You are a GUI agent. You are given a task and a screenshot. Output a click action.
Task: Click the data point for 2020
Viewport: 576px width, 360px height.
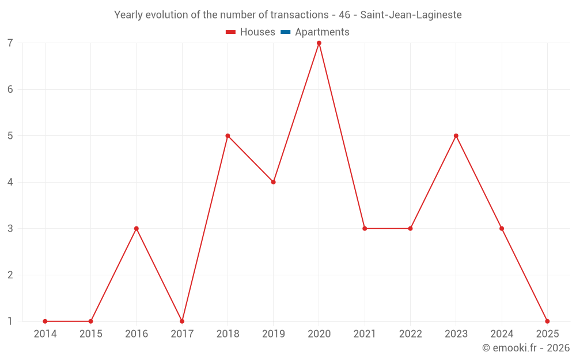coord(319,43)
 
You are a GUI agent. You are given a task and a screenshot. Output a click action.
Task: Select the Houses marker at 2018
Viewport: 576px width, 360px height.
coord(228,136)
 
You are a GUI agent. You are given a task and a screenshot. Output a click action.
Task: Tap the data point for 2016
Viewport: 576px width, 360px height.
coord(137,229)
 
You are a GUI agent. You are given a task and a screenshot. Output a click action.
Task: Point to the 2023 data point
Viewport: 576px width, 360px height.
coord(456,136)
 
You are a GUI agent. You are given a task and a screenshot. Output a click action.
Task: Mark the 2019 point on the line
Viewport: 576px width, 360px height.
coord(274,182)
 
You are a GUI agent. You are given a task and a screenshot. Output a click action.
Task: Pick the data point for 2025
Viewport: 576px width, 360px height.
coord(547,321)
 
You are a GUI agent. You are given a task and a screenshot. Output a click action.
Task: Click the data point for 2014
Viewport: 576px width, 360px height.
coord(45,321)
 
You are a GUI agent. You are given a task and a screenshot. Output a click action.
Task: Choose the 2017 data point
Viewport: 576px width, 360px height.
coord(182,321)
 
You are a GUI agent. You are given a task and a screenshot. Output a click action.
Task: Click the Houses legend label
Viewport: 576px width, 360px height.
coord(257,32)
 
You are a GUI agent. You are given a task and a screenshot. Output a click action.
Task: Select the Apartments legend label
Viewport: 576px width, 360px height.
coord(322,32)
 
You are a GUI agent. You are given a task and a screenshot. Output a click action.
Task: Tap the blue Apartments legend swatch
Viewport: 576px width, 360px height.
coord(286,32)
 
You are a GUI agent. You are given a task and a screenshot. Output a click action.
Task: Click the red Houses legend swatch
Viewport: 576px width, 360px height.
coord(231,32)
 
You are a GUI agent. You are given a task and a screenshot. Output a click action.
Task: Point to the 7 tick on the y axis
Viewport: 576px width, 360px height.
coord(10,43)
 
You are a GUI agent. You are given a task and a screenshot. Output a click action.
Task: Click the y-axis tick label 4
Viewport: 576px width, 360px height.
coord(10,182)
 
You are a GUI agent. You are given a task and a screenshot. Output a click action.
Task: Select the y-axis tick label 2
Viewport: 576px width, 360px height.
coord(10,275)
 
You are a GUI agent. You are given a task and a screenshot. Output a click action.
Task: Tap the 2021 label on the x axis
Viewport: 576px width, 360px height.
coord(365,334)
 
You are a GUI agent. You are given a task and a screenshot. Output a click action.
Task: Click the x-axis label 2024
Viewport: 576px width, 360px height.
coord(502,334)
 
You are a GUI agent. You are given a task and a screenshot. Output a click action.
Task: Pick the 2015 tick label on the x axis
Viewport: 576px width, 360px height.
coord(90,334)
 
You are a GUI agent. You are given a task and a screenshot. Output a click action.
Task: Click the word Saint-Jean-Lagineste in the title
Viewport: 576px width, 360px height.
coord(411,15)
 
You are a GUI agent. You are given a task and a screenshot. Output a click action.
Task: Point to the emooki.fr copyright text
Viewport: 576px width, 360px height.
coord(526,348)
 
